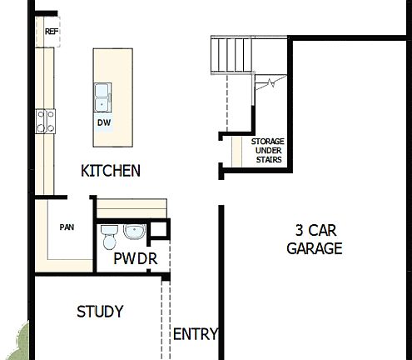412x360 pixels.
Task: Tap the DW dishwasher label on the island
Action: (104, 122)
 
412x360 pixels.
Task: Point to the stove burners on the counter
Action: (45, 122)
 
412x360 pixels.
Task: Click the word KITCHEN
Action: (110, 171)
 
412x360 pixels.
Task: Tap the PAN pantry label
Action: (67, 227)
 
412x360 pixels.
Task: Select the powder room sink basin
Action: (133, 231)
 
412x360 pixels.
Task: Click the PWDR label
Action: (136, 258)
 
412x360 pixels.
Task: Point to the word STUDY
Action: (100, 312)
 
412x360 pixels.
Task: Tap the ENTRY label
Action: (195, 334)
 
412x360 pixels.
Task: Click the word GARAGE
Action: (315, 248)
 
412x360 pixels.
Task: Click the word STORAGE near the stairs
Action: (268, 142)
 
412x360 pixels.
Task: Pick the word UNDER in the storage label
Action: (268, 151)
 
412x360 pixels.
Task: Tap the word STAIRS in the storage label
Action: (268, 159)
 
